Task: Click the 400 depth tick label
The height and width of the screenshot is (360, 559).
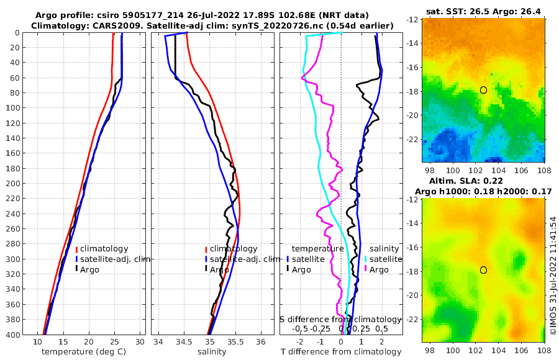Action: (13, 335)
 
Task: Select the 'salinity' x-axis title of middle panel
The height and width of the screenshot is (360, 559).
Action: (211, 352)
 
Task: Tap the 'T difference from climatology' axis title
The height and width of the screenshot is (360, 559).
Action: (341, 352)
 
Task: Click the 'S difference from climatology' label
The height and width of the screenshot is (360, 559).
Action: (340, 318)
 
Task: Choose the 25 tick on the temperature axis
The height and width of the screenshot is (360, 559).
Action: (114, 342)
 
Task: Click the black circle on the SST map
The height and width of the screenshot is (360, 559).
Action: (483, 90)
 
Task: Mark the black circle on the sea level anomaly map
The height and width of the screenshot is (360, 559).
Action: (483, 270)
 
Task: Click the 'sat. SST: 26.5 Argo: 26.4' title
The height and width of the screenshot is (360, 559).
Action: (484, 11)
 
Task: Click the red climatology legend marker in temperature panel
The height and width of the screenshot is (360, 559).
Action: (77, 249)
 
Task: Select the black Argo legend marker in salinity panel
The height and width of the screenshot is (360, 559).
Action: (206, 269)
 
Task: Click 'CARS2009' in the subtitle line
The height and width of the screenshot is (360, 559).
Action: (99, 25)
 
